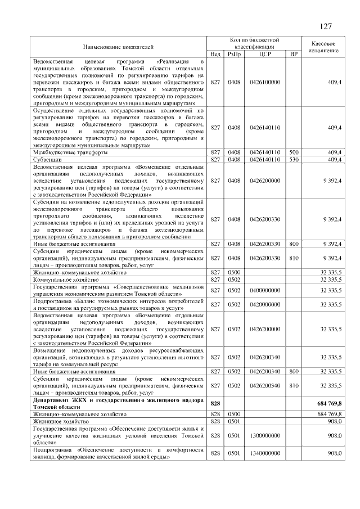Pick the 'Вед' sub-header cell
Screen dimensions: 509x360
[x=215, y=54]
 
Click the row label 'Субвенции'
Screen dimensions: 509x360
[x=47, y=160]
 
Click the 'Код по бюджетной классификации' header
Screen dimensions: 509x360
[x=255, y=43]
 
